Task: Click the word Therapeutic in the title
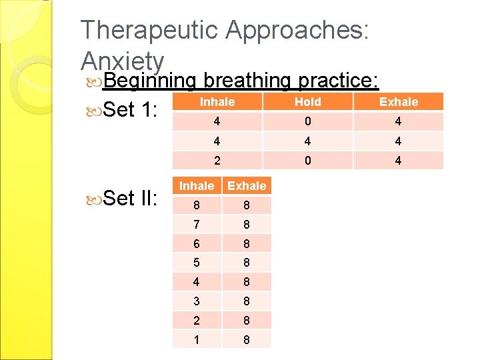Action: (148, 31)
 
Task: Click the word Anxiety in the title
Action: (123, 61)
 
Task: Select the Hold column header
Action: (307, 102)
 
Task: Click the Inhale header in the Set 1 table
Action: (217, 102)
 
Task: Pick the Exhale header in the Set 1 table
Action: (399, 102)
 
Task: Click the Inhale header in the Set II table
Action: (197, 186)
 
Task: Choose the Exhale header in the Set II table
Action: (247, 186)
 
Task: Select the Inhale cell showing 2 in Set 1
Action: (217, 160)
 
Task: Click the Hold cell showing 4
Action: (307, 141)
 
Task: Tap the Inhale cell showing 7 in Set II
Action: (197, 224)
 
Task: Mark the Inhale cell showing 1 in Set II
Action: (197, 339)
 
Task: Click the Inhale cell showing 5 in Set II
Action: (197, 263)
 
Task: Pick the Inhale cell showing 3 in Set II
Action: (197, 301)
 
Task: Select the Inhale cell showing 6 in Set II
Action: (197, 243)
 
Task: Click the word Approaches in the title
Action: (297, 31)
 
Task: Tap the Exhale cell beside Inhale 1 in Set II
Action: (247, 339)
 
